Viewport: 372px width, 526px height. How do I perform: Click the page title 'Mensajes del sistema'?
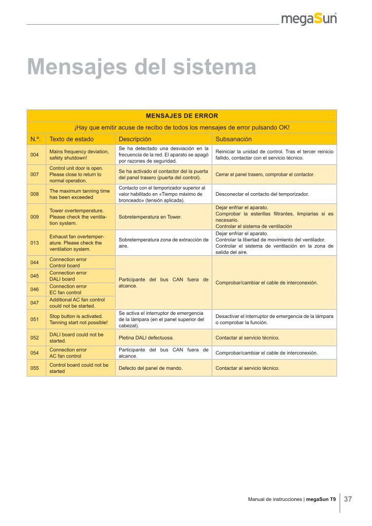click(141, 67)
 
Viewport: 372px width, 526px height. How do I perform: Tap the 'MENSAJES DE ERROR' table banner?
click(181, 116)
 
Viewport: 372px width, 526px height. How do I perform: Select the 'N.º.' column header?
click(36, 139)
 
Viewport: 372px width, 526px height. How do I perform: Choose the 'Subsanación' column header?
click(233, 139)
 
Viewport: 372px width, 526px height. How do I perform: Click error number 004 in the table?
click(35, 155)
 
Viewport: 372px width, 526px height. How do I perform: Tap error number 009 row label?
click(35, 217)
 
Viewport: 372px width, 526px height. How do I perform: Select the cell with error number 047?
click(35, 303)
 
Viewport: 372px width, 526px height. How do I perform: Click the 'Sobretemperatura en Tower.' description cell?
click(150, 217)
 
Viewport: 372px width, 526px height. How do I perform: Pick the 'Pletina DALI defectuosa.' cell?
click(146, 338)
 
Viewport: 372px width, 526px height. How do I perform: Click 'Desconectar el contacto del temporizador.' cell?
click(262, 194)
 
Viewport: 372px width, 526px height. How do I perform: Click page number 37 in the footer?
click(347, 499)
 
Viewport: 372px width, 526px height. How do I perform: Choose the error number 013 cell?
click(35, 243)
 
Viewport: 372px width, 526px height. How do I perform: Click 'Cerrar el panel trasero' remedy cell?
click(265, 175)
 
